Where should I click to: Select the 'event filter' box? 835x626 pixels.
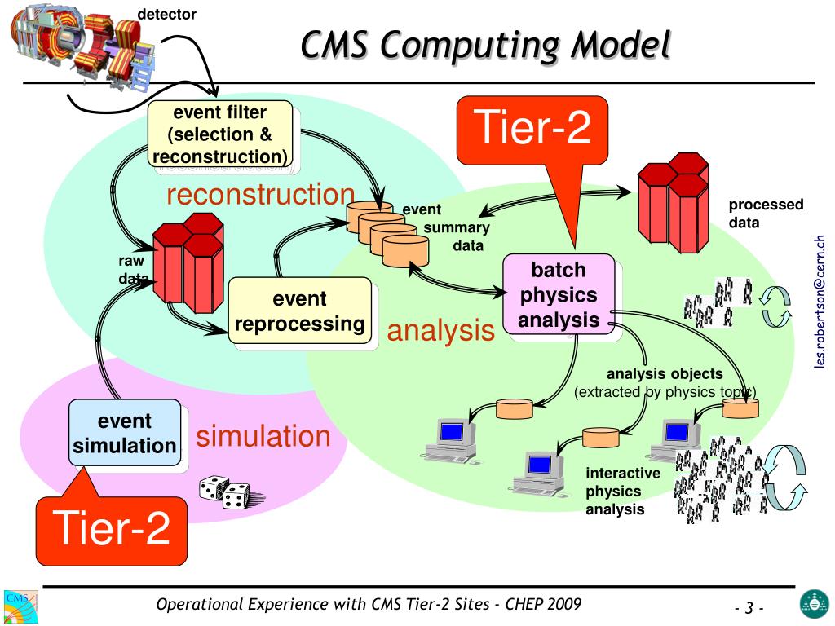[x=219, y=134]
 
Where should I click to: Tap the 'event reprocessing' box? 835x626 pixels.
[x=299, y=311]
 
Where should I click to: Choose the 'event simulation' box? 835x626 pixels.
[x=125, y=433]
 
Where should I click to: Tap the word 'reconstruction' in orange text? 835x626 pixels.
[x=260, y=195]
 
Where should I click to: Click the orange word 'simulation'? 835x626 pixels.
[x=263, y=437]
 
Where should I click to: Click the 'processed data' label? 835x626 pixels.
[x=754, y=214]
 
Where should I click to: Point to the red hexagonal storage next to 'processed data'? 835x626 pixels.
[x=672, y=201]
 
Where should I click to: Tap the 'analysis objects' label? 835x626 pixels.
[x=665, y=375]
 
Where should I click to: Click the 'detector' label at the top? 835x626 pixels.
[x=166, y=13]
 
